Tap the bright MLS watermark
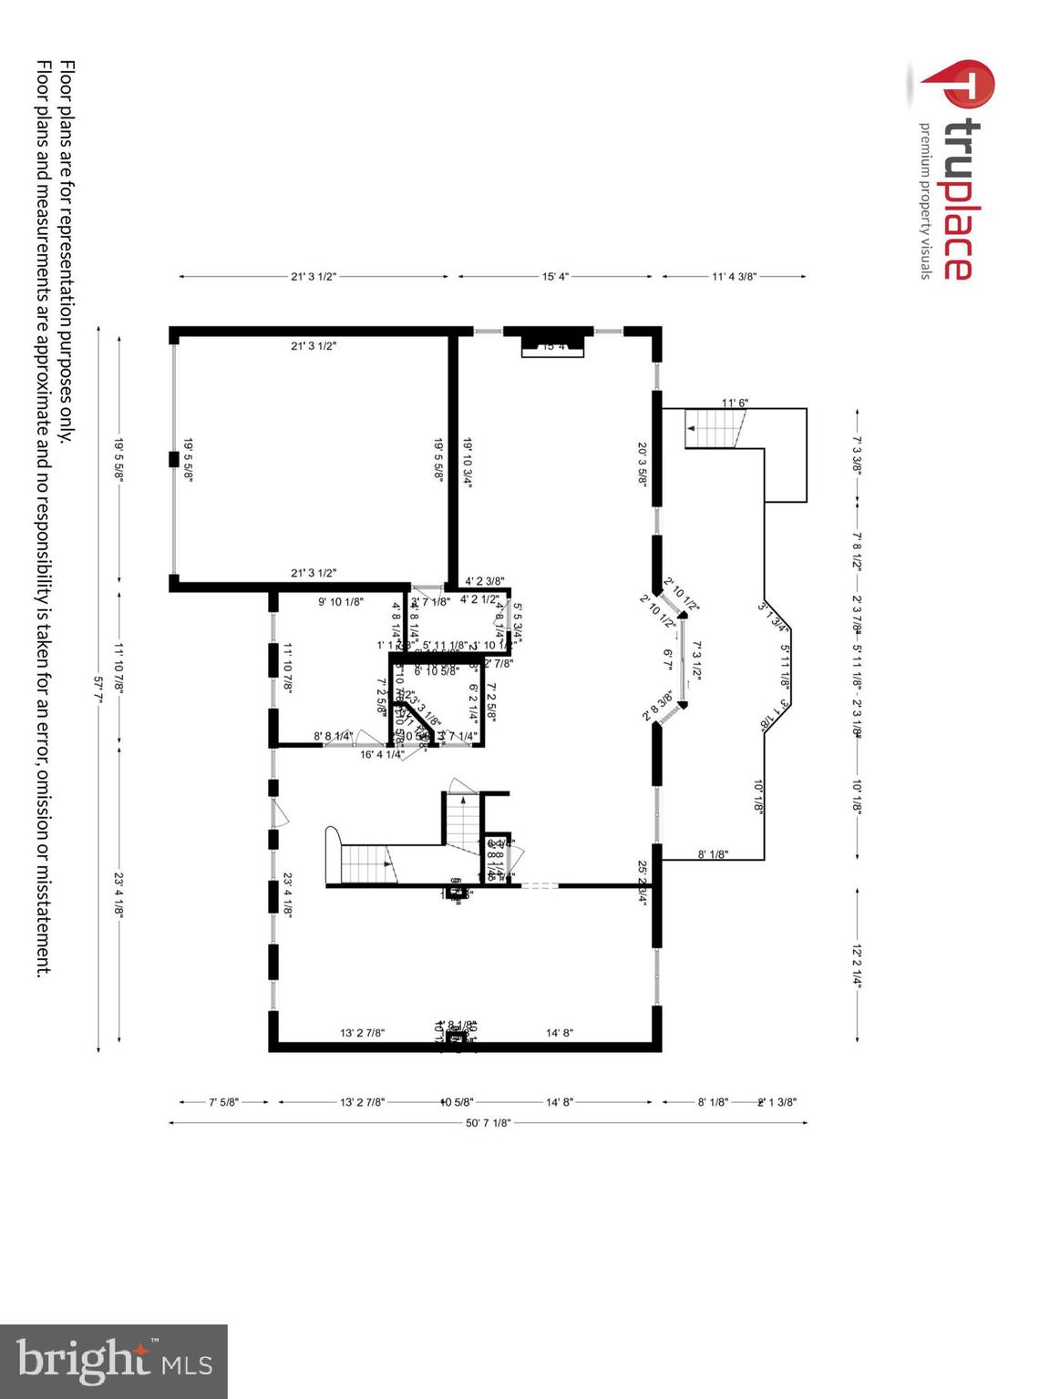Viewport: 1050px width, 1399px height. click(113, 1361)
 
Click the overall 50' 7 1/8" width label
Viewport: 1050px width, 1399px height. click(488, 1123)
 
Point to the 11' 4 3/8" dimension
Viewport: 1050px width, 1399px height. click(734, 276)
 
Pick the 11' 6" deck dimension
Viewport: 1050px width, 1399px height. click(735, 403)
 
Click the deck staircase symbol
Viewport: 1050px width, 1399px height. click(715, 428)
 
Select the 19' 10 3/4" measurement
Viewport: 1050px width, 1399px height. click(468, 463)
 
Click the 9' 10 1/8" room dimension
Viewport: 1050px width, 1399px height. click(341, 601)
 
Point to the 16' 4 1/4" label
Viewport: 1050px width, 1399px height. click(382, 754)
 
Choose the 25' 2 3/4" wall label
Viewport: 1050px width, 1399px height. click(643, 883)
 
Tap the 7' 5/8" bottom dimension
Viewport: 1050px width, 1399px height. click(223, 1102)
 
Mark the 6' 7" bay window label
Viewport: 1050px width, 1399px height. click(668, 659)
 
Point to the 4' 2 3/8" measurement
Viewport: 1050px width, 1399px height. click(484, 580)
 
